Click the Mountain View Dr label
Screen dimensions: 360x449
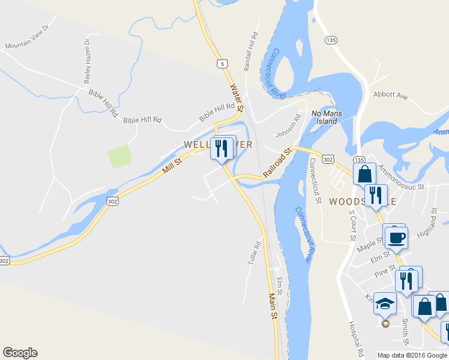pos(30,37)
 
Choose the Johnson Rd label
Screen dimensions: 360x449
pos(288,126)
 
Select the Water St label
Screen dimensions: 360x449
pos(235,97)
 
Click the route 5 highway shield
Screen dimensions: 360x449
pos(223,62)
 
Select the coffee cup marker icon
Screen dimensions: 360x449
pos(396,237)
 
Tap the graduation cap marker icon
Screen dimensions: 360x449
pos(385,304)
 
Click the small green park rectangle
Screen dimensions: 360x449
pos(119,157)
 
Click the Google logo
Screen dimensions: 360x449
pos(20,353)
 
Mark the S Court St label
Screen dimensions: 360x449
pos(352,225)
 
